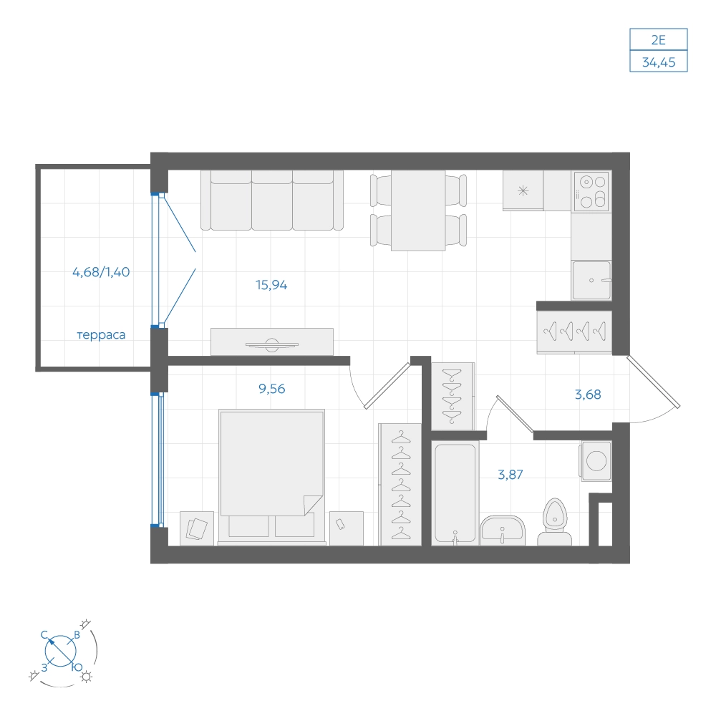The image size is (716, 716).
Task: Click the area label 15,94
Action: click(x=271, y=285)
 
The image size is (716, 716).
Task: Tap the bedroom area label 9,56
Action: click(x=271, y=389)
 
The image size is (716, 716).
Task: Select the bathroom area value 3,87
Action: click(x=510, y=475)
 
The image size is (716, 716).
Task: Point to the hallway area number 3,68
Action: click(x=588, y=394)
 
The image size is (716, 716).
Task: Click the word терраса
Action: click(x=101, y=334)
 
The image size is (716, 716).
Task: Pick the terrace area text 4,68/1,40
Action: click(x=101, y=272)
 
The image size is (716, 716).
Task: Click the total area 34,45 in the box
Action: click(x=659, y=62)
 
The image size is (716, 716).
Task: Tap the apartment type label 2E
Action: click(x=659, y=40)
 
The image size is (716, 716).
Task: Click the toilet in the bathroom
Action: click(x=554, y=523)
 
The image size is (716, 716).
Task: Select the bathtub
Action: click(x=455, y=493)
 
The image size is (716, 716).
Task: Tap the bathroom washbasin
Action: click(x=503, y=530)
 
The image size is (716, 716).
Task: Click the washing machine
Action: click(x=596, y=460)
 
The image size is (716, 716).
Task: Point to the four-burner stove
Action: click(x=592, y=191)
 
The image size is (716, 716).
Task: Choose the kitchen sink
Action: click(x=591, y=281)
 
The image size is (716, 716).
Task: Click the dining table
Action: click(x=418, y=211)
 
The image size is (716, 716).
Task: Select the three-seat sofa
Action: click(x=271, y=200)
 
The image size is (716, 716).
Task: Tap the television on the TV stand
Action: click(x=271, y=344)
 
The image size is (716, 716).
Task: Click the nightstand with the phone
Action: click(x=346, y=528)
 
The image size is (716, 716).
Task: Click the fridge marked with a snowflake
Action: click(x=523, y=191)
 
